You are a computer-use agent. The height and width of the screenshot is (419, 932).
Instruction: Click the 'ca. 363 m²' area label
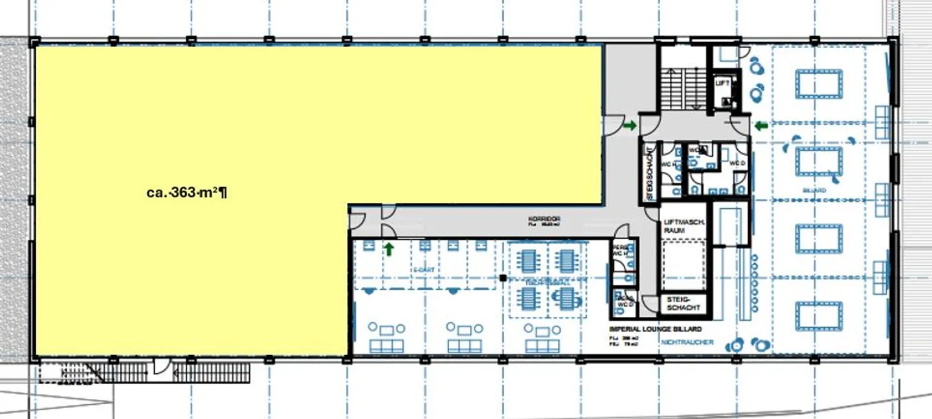[186, 192]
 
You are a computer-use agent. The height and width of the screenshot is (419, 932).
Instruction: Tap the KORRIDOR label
[544, 220]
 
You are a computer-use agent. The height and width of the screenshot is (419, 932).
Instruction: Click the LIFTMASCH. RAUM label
[679, 226]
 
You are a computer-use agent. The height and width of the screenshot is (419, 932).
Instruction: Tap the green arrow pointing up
[390, 249]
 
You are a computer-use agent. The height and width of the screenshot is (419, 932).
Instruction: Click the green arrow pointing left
[761, 125]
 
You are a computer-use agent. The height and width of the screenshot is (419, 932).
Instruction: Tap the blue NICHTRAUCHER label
[687, 343]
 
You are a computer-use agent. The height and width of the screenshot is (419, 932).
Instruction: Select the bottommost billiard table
[819, 316]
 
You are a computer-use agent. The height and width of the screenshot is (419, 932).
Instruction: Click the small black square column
[502, 278]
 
